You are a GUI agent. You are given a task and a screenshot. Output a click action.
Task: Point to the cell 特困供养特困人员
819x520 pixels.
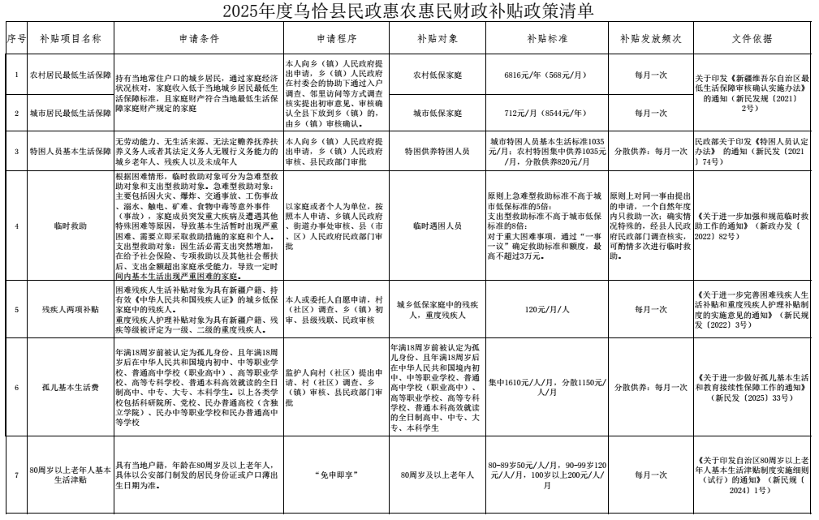pos(437,152)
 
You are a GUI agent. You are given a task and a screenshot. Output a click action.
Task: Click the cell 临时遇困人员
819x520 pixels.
pos(437,226)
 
